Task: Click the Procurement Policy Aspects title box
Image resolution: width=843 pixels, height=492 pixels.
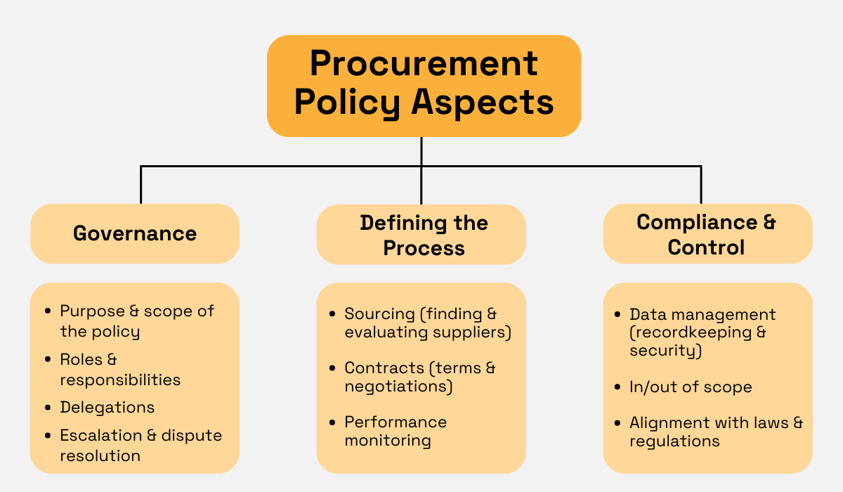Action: click(x=424, y=86)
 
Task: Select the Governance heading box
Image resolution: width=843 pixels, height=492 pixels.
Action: click(x=135, y=233)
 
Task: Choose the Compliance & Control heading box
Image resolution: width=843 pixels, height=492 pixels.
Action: click(x=707, y=234)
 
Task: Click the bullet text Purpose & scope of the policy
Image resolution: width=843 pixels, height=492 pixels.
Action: click(x=136, y=321)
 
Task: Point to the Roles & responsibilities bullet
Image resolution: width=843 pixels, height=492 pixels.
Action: click(x=119, y=370)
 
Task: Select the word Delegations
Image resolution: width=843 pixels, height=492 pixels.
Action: click(x=107, y=408)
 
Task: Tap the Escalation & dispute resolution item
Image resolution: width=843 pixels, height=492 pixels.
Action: click(x=140, y=446)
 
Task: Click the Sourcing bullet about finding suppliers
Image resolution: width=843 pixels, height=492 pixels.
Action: click(x=427, y=323)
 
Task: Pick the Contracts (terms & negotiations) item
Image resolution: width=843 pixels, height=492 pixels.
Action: click(x=419, y=377)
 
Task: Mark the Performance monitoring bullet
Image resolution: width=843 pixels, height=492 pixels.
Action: click(x=395, y=431)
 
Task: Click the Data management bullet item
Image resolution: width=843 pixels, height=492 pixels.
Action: click(x=702, y=332)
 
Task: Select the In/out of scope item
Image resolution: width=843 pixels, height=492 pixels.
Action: click(x=690, y=387)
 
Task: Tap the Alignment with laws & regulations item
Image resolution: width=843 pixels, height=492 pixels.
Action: click(x=715, y=432)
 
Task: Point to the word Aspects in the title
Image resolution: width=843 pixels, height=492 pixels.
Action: click(x=482, y=102)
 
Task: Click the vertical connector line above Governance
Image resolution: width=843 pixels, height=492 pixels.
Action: click(x=141, y=186)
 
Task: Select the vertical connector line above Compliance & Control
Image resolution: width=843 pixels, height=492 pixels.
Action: click(x=700, y=186)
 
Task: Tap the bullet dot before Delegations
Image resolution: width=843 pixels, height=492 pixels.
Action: click(x=48, y=408)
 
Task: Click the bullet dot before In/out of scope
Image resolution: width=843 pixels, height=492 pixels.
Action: click(x=617, y=387)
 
